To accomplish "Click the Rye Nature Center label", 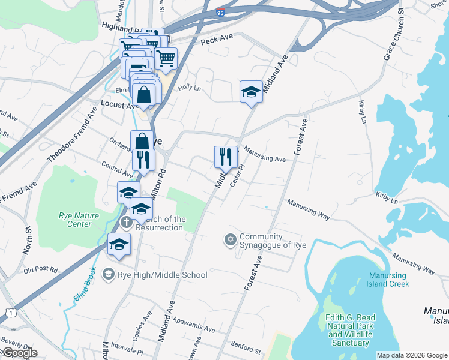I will (75, 220).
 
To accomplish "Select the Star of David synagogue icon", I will (229, 240).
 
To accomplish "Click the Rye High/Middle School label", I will (162, 275).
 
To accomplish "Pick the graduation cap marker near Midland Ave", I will (251, 92).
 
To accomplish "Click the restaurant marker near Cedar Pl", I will (225, 157).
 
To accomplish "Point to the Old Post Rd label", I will (41, 270).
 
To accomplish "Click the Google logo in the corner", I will (19, 353).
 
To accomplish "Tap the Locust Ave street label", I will (120, 105).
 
